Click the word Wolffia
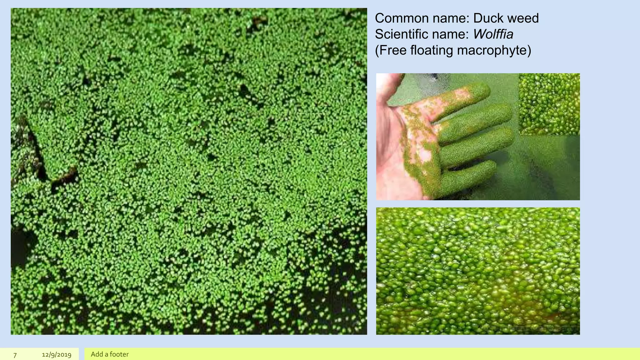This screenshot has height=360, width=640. click(x=493, y=34)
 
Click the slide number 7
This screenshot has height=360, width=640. click(x=15, y=355)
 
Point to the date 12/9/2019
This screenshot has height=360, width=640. click(x=57, y=355)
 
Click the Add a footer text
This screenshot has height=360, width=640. click(x=110, y=354)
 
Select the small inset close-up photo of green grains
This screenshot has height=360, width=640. click(x=549, y=104)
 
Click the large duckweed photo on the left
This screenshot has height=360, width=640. click(x=189, y=171)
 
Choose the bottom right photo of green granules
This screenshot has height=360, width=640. click(x=478, y=271)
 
